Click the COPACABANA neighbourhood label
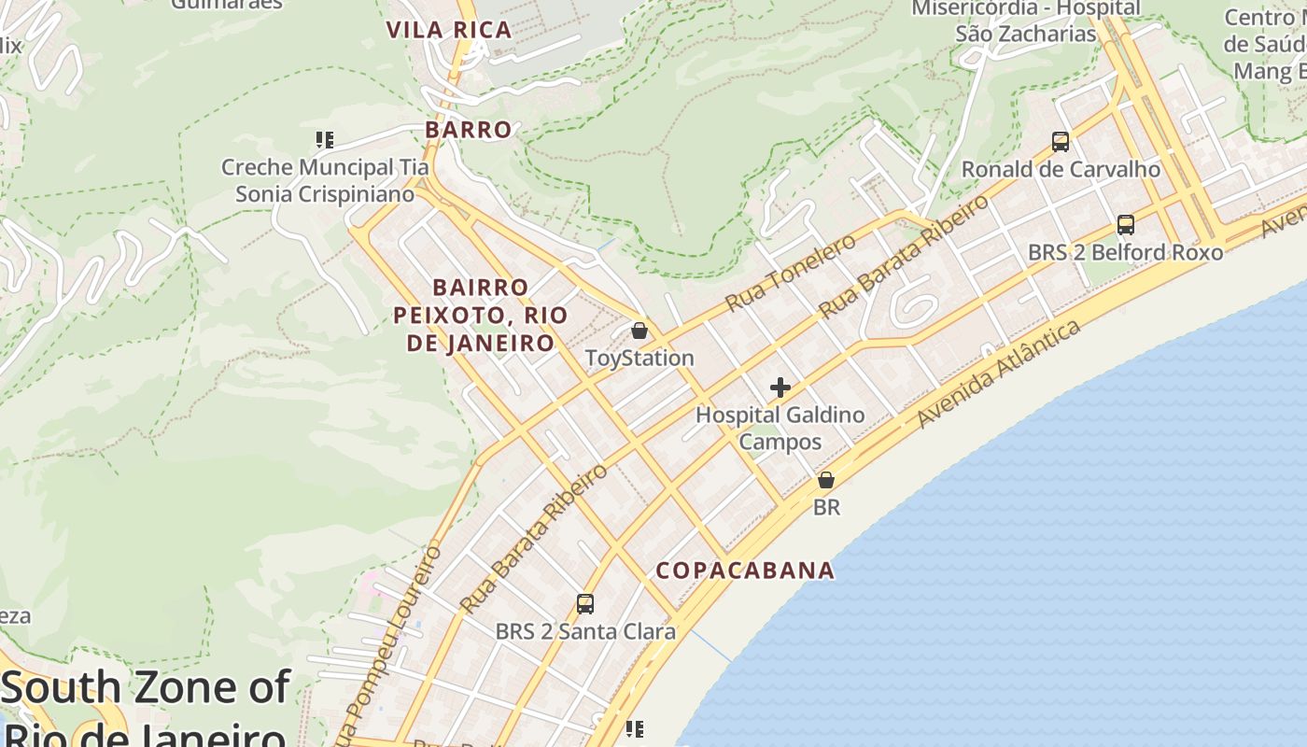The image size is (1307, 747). pyautogui.click(x=745, y=571)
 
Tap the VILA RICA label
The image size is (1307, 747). pyautogui.click(x=449, y=30)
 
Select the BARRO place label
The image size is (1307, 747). pyautogui.click(x=469, y=130)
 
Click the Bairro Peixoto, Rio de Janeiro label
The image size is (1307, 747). pyautogui.click(x=481, y=315)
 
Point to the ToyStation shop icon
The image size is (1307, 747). pyautogui.click(x=639, y=331)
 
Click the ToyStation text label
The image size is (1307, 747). pyautogui.click(x=639, y=359)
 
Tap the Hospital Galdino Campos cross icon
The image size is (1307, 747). pyautogui.click(x=780, y=388)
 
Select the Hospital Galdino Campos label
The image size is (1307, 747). pyautogui.click(x=780, y=429)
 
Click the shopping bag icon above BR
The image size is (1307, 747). pyautogui.click(x=826, y=480)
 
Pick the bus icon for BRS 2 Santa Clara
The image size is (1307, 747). pyautogui.click(x=585, y=604)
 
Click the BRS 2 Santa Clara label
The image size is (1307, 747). pyautogui.click(x=585, y=632)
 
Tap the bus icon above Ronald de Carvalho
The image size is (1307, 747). pyautogui.click(x=1061, y=142)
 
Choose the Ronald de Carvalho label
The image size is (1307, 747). pyautogui.click(x=1061, y=170)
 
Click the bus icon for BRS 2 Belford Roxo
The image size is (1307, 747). pyautogui.click(x=1126, y=225)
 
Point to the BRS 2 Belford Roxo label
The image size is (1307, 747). pyautogui.click(x=1125, y=253)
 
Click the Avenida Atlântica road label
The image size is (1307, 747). pyautogui.click(x=1000, y=373)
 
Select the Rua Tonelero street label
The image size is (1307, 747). pyautogui.click(x=791, y=273)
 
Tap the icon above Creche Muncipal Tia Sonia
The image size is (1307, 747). pyautogui.click(x=325, y=140)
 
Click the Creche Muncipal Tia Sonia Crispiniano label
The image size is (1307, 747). pyautogui.click(x=325, y=181)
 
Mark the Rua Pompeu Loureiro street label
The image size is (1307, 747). pyautogui.click(x=390, y=644)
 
